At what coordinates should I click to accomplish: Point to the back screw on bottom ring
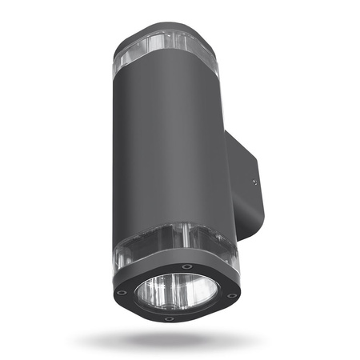[x=186, y=266]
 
